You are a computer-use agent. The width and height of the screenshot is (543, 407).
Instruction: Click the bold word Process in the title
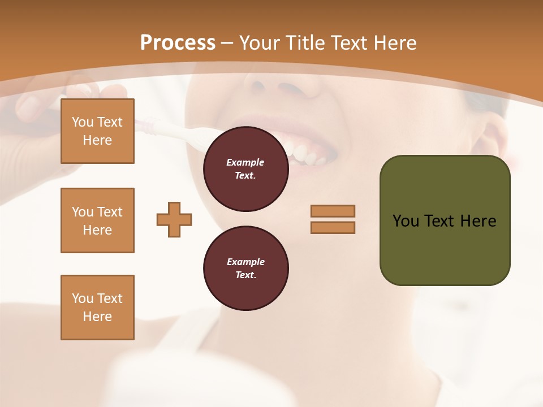(178, 43)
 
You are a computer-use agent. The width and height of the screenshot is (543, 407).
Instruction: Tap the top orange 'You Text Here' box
(97, 131)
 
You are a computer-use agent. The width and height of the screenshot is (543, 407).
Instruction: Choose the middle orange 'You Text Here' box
(97, 220)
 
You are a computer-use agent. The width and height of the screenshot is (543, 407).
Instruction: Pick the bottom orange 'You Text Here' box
(97, 308)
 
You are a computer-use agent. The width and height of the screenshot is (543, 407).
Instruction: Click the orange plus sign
(174, 219)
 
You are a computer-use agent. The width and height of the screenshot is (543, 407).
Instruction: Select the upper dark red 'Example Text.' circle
(245, 169)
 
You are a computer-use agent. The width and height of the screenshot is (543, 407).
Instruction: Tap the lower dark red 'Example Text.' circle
(245, 269)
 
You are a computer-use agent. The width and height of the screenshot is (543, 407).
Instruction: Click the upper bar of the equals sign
(333, 211)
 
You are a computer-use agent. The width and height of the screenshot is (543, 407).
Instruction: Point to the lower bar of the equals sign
(333, 228)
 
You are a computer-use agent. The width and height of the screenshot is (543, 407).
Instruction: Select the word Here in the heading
(394, 43)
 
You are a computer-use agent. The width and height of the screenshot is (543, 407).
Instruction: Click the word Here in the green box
(478, 221)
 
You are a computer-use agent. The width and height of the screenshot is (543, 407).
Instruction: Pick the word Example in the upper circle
(245, 162)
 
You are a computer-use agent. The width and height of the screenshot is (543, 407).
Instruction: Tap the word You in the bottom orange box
(83, 298)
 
